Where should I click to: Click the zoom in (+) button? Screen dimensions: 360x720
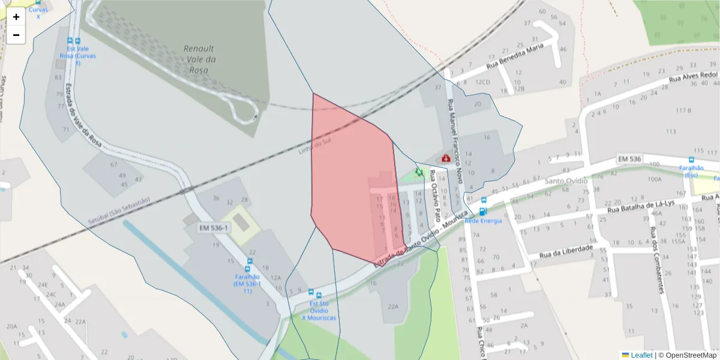[x=16, y=17]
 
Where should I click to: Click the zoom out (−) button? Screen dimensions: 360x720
[x=16, y=35]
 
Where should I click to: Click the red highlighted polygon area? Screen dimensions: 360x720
[x=351, y=180]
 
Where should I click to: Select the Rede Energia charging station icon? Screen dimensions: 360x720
[x=484, y=211]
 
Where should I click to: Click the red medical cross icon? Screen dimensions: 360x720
[x=446, y=158]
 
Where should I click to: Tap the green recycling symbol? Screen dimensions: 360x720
[x=419, y=172]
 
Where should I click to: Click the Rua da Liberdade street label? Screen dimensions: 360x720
[x=566, y=251]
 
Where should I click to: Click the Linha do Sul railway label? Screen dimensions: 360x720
[x=314, y=145]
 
